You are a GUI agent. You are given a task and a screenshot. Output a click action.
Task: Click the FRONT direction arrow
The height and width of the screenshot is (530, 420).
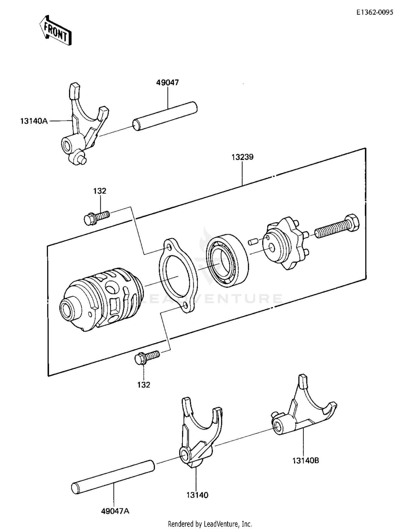point(55,30)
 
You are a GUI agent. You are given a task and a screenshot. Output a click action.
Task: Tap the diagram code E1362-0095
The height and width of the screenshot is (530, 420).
point(374,12)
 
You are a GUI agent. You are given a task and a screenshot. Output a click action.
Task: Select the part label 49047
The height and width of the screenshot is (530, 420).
point(167,83)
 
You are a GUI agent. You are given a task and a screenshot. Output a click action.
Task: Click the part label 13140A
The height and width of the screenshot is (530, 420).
point(34,121)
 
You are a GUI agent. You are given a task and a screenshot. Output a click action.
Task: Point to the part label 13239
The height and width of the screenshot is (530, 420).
point(242,157)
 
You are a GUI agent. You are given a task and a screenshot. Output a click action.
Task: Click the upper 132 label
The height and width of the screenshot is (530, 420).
point(100,191)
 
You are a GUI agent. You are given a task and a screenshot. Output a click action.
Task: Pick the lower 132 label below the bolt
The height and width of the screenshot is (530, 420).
point(144,385)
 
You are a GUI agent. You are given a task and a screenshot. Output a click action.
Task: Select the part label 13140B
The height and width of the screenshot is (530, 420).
point(306,461)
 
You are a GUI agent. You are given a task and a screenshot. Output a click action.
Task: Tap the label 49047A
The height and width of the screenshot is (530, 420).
point(115,511)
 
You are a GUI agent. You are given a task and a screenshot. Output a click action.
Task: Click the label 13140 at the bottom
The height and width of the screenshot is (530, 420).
point(197,495)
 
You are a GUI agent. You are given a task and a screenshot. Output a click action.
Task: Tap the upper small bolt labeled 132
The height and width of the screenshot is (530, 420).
point(96,217)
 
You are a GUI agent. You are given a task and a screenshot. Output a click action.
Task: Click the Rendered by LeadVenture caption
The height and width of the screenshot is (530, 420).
point(210,524)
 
